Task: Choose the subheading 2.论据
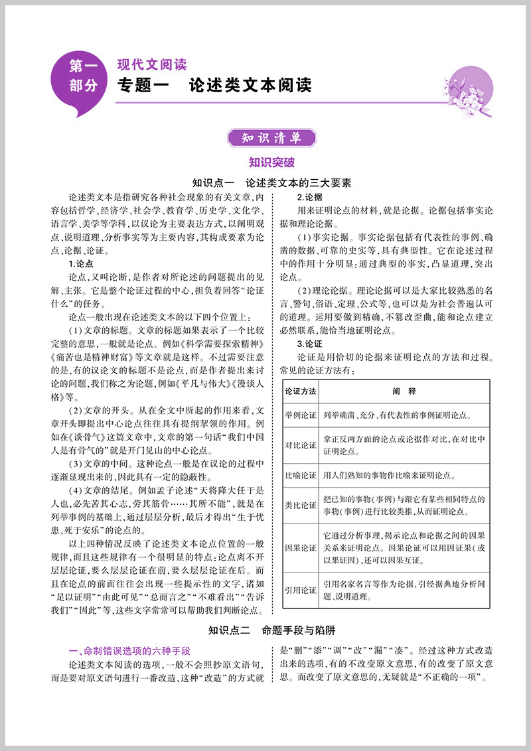(309, 198)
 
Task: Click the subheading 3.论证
(309, 344)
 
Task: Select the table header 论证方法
(300, 391)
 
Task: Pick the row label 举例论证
(300, 416)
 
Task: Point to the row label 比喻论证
(300, 475)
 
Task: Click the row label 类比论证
(300, 505)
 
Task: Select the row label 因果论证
(300, 548)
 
